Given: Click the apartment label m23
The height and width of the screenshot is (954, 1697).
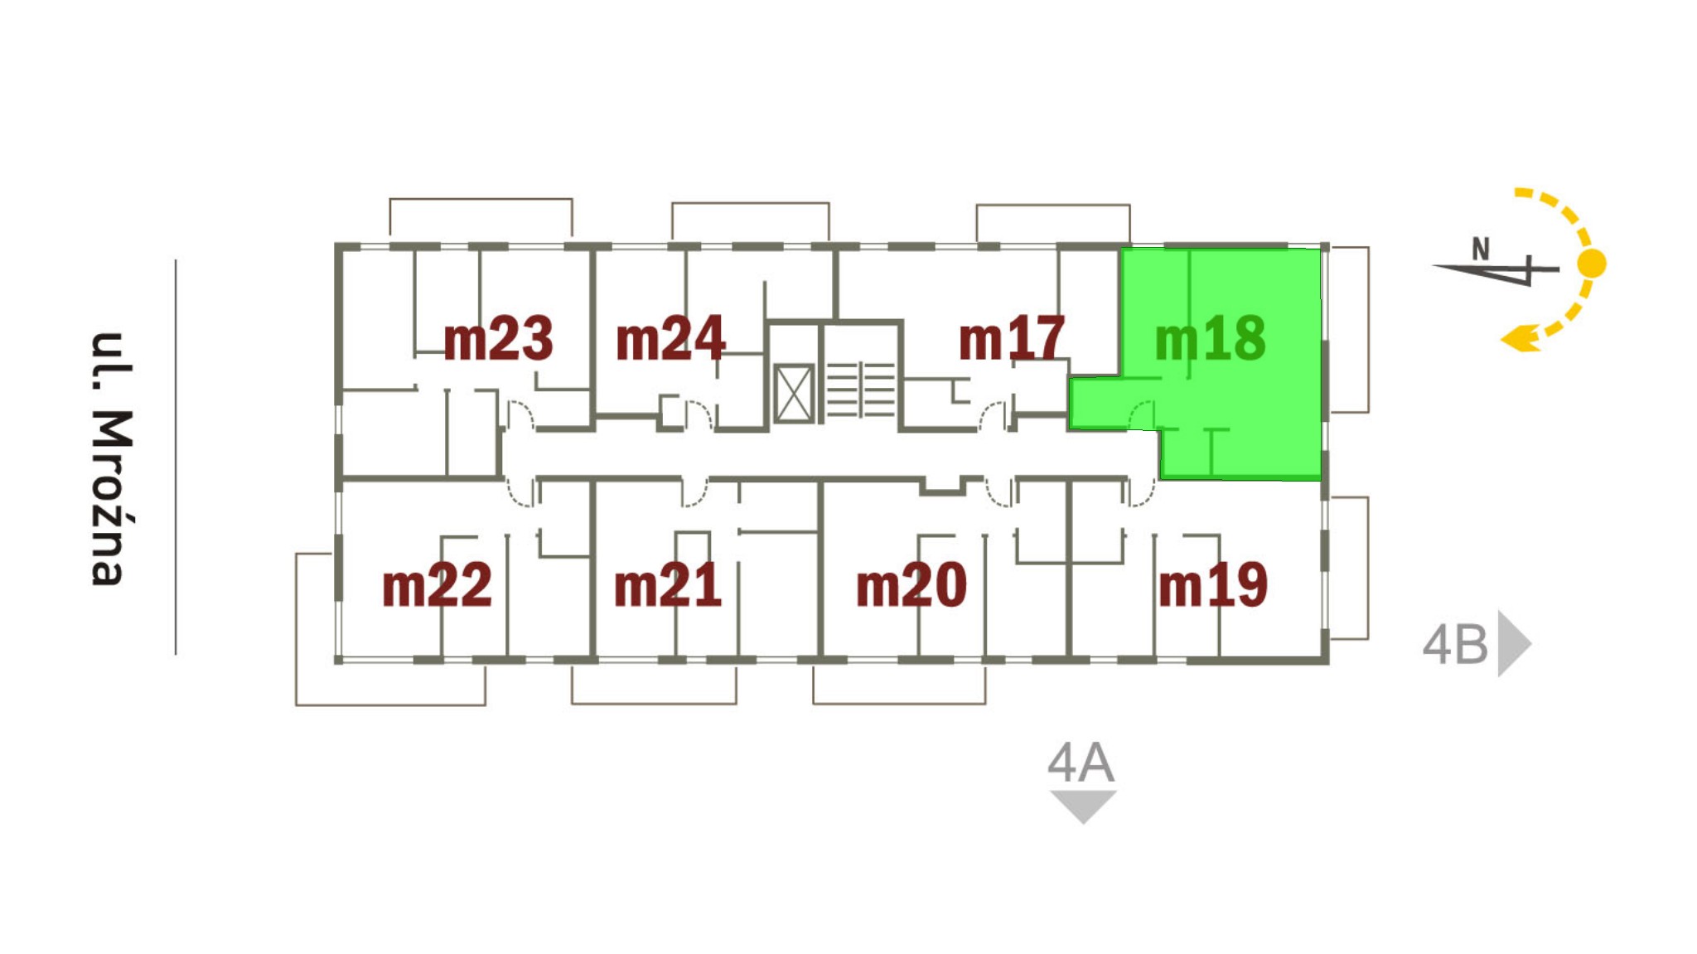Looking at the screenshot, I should pos(497,339).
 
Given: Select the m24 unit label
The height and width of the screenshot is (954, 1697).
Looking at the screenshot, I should pos(670,339).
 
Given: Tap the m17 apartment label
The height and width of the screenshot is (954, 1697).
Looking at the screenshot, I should pos(1011,339).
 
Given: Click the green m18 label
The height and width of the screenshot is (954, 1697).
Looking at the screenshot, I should pos(1210,339).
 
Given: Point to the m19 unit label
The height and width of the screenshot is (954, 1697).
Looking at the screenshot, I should pos(1213,585).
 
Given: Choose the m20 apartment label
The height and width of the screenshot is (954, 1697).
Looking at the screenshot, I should pos(911,585).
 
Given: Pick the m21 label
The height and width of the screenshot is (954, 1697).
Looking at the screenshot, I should pos(667,585).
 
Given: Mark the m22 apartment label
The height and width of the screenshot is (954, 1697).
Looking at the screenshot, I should pos(437,585).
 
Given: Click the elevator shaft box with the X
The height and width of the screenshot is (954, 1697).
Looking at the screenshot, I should pos(793,394).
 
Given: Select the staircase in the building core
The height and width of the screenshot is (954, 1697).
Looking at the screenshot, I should pos(861,389).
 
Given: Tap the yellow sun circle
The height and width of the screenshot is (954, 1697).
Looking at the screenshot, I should pos(1591,264).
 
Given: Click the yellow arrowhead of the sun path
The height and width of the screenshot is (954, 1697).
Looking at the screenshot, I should pos(1521,339).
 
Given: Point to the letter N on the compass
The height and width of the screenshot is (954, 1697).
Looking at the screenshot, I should pos(1481,249).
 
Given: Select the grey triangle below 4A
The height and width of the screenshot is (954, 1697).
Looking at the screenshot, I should pos(1083,805).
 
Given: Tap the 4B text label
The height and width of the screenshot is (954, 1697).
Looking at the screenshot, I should pos(1455,645).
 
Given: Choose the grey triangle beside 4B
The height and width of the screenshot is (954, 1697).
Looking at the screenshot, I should pos(1512,644).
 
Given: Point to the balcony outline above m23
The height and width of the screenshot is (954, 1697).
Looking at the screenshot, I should pos(481,217).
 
